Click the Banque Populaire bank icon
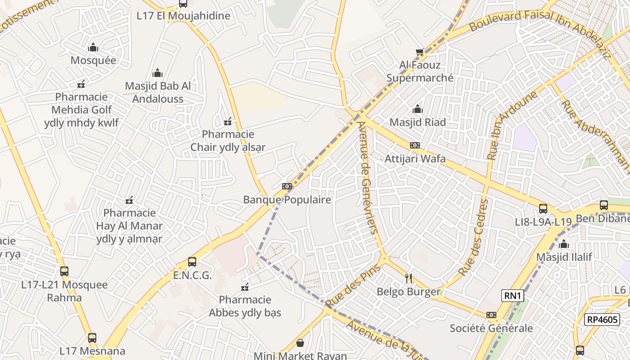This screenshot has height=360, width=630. point(287,186)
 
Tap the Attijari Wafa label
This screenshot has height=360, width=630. point(415,158)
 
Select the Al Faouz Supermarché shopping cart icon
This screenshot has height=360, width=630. point(420,52)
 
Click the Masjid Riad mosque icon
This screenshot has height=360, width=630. point(418,109)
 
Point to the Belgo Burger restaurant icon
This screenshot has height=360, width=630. point(409,278)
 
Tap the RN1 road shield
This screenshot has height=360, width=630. point(513,296)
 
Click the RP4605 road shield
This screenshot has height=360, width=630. point(601,319)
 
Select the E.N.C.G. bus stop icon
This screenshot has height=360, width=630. point(192,262)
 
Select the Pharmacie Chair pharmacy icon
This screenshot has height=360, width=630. point(228,121)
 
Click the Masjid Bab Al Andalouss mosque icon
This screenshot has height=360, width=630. point(157,73)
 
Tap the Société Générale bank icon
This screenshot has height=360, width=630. point(491,315)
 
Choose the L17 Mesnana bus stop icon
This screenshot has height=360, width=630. point(92,337)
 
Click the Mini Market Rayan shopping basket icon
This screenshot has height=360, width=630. point(300,343)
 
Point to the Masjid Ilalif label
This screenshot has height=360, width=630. point(564,257)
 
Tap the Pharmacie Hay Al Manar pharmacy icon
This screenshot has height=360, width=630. point(130,200)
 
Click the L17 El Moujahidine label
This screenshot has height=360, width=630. point(183,16)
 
